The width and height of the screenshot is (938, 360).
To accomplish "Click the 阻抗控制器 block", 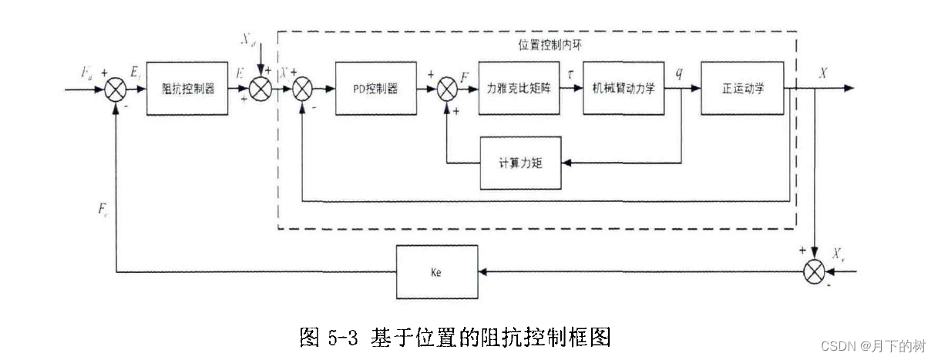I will pos(188,88).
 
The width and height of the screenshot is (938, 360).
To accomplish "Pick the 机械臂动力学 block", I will pos(624,88).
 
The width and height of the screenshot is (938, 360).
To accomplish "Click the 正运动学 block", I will pos(743,88).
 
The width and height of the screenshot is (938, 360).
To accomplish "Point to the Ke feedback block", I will pos(437,271).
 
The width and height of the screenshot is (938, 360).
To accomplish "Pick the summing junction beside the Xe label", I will pos(815,271).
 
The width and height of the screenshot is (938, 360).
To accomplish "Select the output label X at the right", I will pos(824,72).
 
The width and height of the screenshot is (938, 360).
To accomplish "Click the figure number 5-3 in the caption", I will pos(340,337).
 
